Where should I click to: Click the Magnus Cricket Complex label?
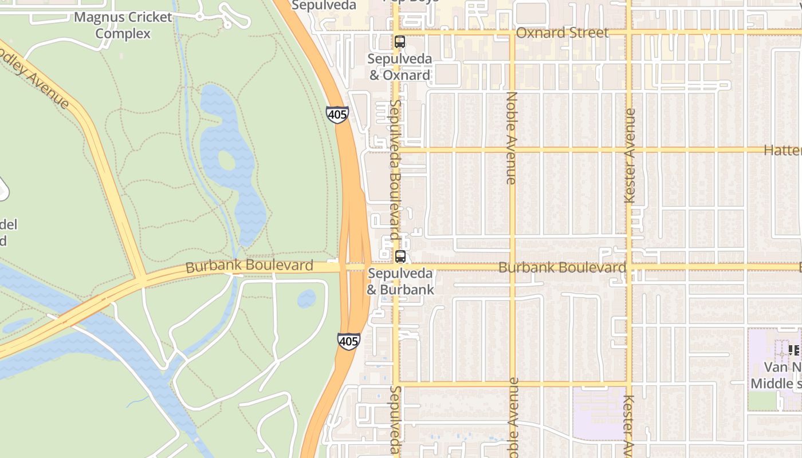[x=123, y=25]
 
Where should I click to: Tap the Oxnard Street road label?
[x=562, y=33]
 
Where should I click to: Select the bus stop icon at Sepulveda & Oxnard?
[x=400, y=42]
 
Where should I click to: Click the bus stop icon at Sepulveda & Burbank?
[x=400, y=256]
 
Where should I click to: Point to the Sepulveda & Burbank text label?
[x=400, y=281]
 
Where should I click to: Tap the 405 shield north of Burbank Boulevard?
[x=337, y=114]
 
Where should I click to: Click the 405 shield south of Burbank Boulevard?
[x=348, y=341]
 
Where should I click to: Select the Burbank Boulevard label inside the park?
[x=249, y=266]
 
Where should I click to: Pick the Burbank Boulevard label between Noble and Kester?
[x=562, y=267]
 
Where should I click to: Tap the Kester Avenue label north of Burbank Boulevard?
[x=630, y=156]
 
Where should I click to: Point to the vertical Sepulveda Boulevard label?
[x=395, y=170]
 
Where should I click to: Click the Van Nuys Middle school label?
[x=776, y=376]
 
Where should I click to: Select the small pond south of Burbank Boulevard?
[x=306, y=298]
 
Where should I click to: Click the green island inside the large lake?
[x=227, y=161]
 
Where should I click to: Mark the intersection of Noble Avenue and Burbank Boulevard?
[x=512, y=267]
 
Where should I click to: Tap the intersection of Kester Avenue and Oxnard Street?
[x=629, y=33]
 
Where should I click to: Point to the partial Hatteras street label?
[x=783, y=150]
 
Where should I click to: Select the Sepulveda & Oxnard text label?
[x=399, y=67]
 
